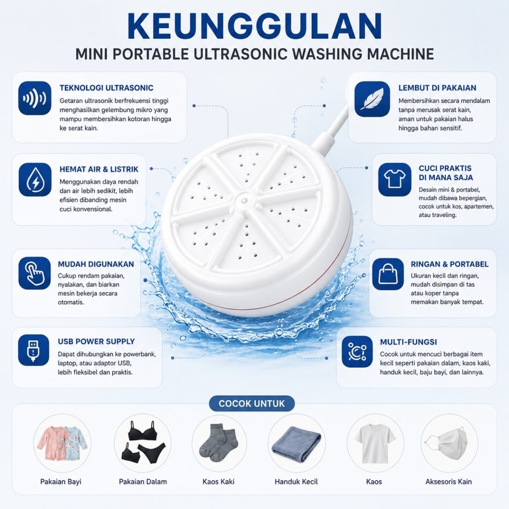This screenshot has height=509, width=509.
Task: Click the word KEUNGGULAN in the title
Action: pos(255,27)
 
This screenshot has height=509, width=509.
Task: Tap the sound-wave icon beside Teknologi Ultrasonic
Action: pos(35,98)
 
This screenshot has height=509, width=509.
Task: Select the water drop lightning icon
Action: pos(35,179)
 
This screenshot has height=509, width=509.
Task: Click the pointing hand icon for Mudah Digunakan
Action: pos(34,273)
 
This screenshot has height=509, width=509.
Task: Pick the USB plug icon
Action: pos(34,351)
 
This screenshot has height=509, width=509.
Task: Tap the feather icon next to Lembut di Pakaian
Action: pos(372,99)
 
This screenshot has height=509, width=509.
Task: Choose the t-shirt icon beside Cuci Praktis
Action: pos(394,179)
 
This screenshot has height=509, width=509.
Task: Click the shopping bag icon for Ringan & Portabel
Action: pos(388,274)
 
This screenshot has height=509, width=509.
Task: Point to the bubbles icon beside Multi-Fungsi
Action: pos(357,352)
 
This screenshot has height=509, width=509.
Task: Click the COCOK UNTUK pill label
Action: pos(252,403)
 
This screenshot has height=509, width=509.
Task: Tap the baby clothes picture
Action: pos(62,443)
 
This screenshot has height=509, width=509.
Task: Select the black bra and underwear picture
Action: pos(143,442)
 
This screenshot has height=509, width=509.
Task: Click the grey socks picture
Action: pos(218,442)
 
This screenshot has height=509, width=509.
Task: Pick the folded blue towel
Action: pos(296,443)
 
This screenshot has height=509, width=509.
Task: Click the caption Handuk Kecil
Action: pos(296,482)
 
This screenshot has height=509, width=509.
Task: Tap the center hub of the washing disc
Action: pos(244,199)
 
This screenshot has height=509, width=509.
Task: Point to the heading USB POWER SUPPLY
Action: pos(97,342)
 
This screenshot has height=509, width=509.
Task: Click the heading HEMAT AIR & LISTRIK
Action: pos(99,169)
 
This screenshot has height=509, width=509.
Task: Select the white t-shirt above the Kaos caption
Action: pos(375,443)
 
